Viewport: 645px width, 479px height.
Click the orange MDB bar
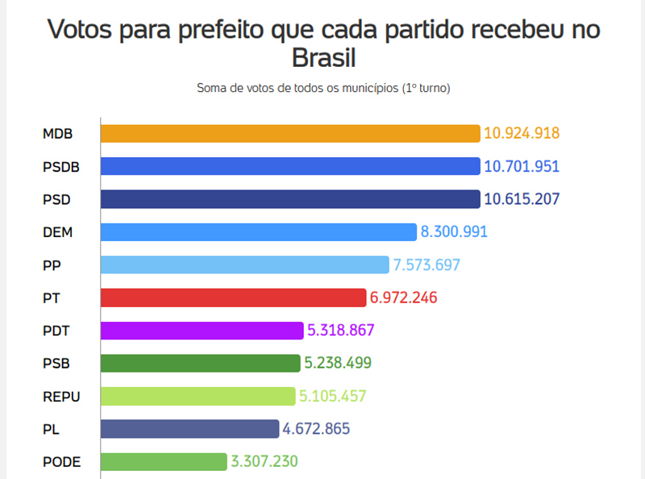(x=290, y=133)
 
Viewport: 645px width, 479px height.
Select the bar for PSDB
(x=290, y=166)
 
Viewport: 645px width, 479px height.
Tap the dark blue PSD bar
(x=290, y=198)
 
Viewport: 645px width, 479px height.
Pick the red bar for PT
(x=234, y=297)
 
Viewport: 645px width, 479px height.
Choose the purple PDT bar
(x=202, y=330)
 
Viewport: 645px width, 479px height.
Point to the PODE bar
(x=164, y=461)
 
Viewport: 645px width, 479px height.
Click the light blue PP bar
(x=245, y=264)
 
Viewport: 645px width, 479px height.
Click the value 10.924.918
(x=521, y=133)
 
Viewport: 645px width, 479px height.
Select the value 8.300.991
(x=454, y=231)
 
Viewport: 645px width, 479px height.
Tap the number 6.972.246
(x=403, y=297)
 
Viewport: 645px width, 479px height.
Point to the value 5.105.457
(x=332, y=396)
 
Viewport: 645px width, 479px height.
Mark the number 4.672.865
(x=316, y=428)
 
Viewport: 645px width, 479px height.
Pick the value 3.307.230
(x=264, y=461)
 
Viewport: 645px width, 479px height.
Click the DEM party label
(x=57, y=231)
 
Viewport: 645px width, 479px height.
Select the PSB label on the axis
(x=56, y=363)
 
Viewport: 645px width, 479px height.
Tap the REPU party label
(x=61, y=396)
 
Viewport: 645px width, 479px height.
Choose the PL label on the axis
(x=51, y=428)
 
